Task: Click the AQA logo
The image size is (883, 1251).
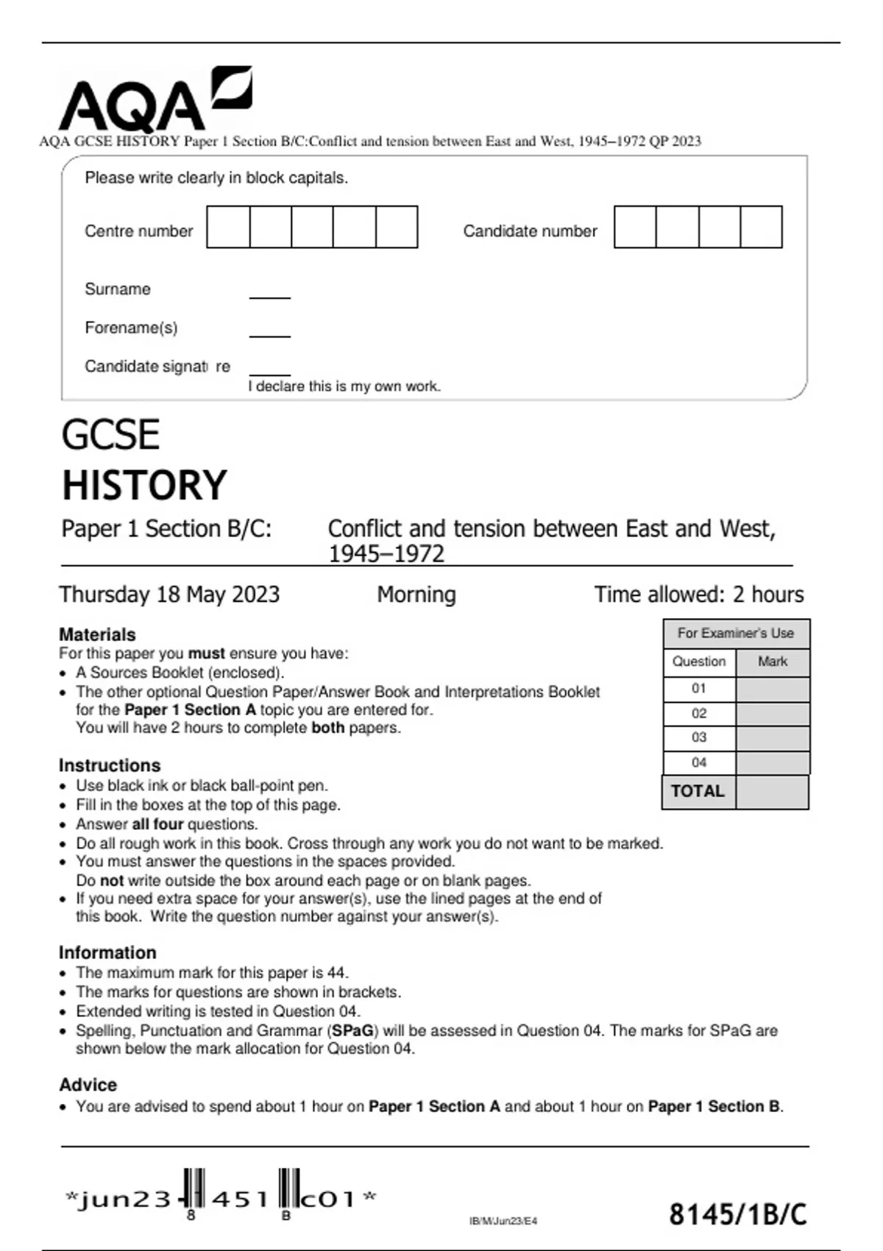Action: pos(155,99)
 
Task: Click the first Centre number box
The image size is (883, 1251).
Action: pos(228,227)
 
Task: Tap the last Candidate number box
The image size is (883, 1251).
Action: pos(761,227)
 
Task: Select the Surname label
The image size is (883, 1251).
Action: pos(118,289)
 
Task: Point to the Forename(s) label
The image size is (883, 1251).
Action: pos(131,327)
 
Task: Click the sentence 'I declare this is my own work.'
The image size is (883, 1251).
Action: pos(344,386)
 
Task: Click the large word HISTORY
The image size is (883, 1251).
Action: pos(144,485)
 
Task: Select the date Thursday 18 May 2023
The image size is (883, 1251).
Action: pos(169,595)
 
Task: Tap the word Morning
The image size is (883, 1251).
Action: pos(416,595)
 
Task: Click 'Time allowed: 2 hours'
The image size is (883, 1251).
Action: pos(698,595)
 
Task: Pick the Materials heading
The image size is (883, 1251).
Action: pos(97,634)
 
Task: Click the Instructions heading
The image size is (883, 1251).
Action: pos(110,765)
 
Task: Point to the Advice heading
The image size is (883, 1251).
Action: pos(88,1085)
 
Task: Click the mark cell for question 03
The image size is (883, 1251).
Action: pos(772,737)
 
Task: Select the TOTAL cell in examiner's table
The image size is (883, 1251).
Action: pos(698,791)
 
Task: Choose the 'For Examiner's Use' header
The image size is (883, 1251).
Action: pos(735,633)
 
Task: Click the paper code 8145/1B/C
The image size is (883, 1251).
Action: pos(737,1214)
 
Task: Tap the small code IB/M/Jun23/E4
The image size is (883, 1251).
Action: pos(503,1221)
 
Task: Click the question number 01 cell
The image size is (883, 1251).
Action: pos(699,689)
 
